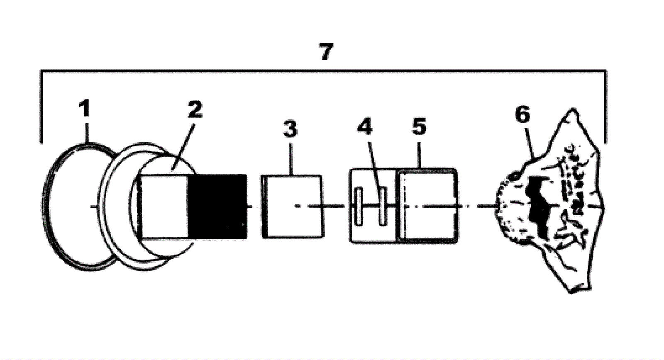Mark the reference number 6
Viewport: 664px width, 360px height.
[522, 115]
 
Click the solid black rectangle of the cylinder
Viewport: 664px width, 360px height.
[217, 206]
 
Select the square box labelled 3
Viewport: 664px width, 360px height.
[292, 206]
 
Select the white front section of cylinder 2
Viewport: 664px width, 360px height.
[165, 206]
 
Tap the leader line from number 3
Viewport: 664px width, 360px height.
[292, 158]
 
